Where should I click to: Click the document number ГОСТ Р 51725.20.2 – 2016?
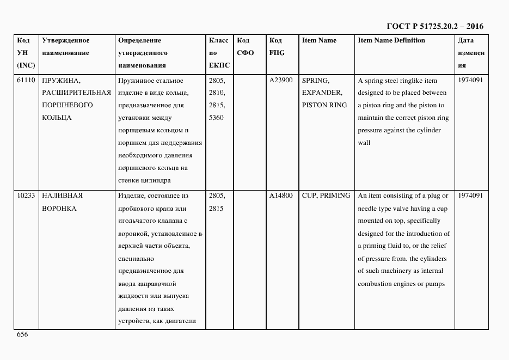coord(435,26)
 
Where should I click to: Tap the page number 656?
coord(22,334)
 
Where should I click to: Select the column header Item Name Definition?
coord(391,40)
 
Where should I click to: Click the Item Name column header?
coord(319,40)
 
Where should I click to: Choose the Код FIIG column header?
coord(277,47)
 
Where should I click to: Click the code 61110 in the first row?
coord(26,80)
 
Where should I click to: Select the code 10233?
coord(26,196)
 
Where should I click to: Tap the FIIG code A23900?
coord(281,80)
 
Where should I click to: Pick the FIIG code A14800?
coord(281,196)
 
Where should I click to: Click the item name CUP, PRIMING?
coord(326,196)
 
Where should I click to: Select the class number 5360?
coord(216,118)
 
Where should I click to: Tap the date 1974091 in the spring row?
coord(470,80)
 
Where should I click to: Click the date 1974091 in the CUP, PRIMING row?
coord(470,196)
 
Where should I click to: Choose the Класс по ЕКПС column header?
coord(219,53)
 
